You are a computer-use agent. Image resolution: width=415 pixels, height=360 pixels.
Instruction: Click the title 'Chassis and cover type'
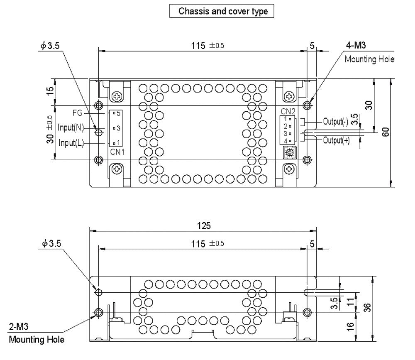pyautogui.click(x=223, y=11)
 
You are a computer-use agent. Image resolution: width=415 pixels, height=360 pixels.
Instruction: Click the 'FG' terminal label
pyautogui.click(x=77, y=113)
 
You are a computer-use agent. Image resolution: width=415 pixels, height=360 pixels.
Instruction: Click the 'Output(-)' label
pyautogui.click(x=336, y=122)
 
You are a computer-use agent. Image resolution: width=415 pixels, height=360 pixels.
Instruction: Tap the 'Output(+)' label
pyautogui.click(x=336, y=140)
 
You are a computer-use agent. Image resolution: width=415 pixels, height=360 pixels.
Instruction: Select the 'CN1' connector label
pyautogui.click(x=117, y=152)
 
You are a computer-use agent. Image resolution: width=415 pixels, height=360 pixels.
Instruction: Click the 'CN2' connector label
pyautogui.click(x=288, y=111)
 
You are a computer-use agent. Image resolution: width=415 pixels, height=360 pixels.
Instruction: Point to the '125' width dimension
pyautogui.click(x=204, y=226)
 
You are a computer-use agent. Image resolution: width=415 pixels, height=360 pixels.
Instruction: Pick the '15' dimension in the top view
pyautogui.click(x=50, y=91)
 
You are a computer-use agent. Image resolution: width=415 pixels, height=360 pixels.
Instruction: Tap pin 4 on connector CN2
pyautogui.click(x=287, y=141)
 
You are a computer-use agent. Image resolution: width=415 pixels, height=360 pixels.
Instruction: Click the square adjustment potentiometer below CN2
pyautogui.click(x=288, y=152)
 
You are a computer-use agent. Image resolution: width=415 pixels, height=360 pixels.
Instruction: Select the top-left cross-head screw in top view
pyautogui.click(x=117, y=96)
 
